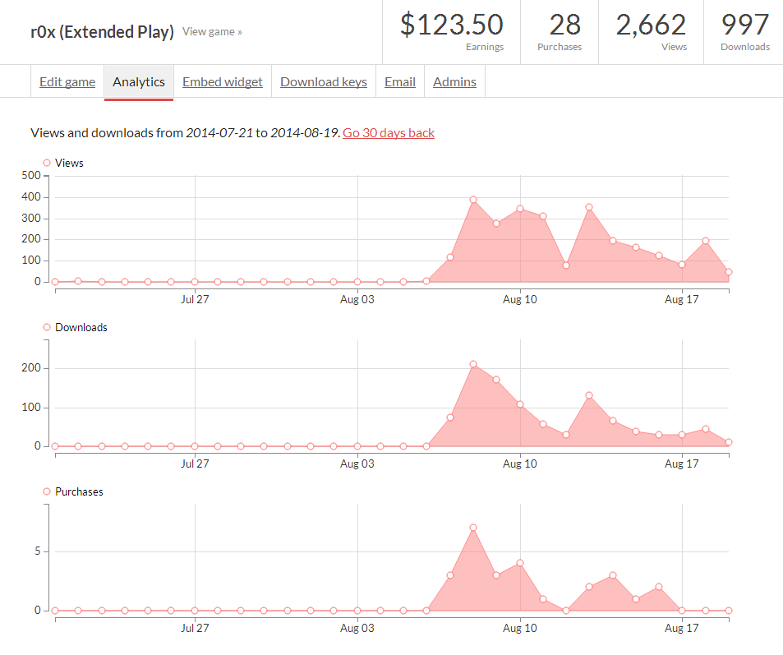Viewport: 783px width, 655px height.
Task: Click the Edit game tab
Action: pyautogui.click(x=67, y=82)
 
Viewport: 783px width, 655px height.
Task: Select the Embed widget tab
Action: pyautogui.click(x=223, y=82)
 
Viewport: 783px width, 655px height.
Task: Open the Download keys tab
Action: pyautogui.click(x=324, y=82)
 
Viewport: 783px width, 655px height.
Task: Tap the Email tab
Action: pyautogui.click(x=400, y=82)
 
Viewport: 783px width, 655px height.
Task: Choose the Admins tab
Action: pyautogui.click(x=454, y=82)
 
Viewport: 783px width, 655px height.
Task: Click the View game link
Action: pyautogui.click(x=212, y=32)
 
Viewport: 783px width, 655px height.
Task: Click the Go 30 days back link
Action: pyautogui.click(x=389, y=132)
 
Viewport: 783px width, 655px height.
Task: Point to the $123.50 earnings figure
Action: pyautogui.click(x=451, y=25)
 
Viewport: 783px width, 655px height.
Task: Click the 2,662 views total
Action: pyautogui.click(x=651, y=25)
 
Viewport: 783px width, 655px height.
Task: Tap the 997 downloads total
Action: pyautogui.click(x=745, y=25)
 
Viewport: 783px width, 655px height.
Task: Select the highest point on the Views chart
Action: pyautogui.click(x=473, y=200)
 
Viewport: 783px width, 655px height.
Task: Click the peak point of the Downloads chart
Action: pyautogui.click(x=473, y=364)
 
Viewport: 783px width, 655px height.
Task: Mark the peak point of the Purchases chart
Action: pyautogui.click(x=473, y=528)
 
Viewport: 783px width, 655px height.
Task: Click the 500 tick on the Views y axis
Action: pyautogui.click(x=32, y=176)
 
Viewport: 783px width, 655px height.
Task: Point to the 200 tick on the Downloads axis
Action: pyautogui.click(x=32, y=368)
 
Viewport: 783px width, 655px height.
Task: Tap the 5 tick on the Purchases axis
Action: pyautogui.click(x=37, y=551)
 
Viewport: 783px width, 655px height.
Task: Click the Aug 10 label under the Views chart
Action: pyautogui.click(x=519, y=299)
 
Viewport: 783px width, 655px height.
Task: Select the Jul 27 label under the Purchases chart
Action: pyautogui.click(x=195, y=628)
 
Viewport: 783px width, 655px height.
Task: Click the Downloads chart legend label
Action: pyautogui.click(x=81, y=327)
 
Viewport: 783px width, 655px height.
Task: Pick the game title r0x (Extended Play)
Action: pyautogui.click(x=102, y=32)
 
